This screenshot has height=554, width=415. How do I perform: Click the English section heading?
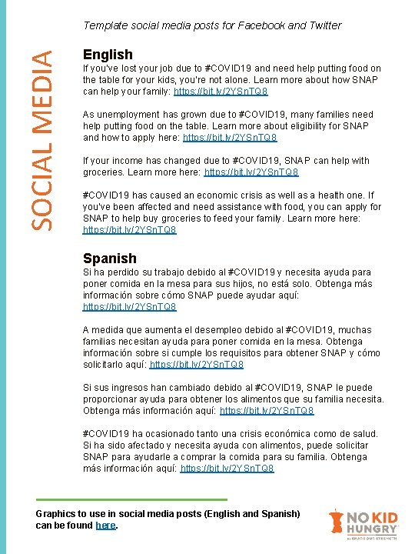pyautogui.click(x=108, y=55)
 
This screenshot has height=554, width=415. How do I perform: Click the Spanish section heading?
pyautogui.click(x=109, y=259)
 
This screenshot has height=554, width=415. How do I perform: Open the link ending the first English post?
pyautogui.click(x=221, y=92)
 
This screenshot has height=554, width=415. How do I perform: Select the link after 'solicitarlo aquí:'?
pyautogui.click(x=197, y=365)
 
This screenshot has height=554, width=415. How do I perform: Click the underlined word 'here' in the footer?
pyautogui.click(x=105, y=526)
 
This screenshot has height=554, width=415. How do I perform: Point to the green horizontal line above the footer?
pyautogui.click(x=132, y=499)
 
